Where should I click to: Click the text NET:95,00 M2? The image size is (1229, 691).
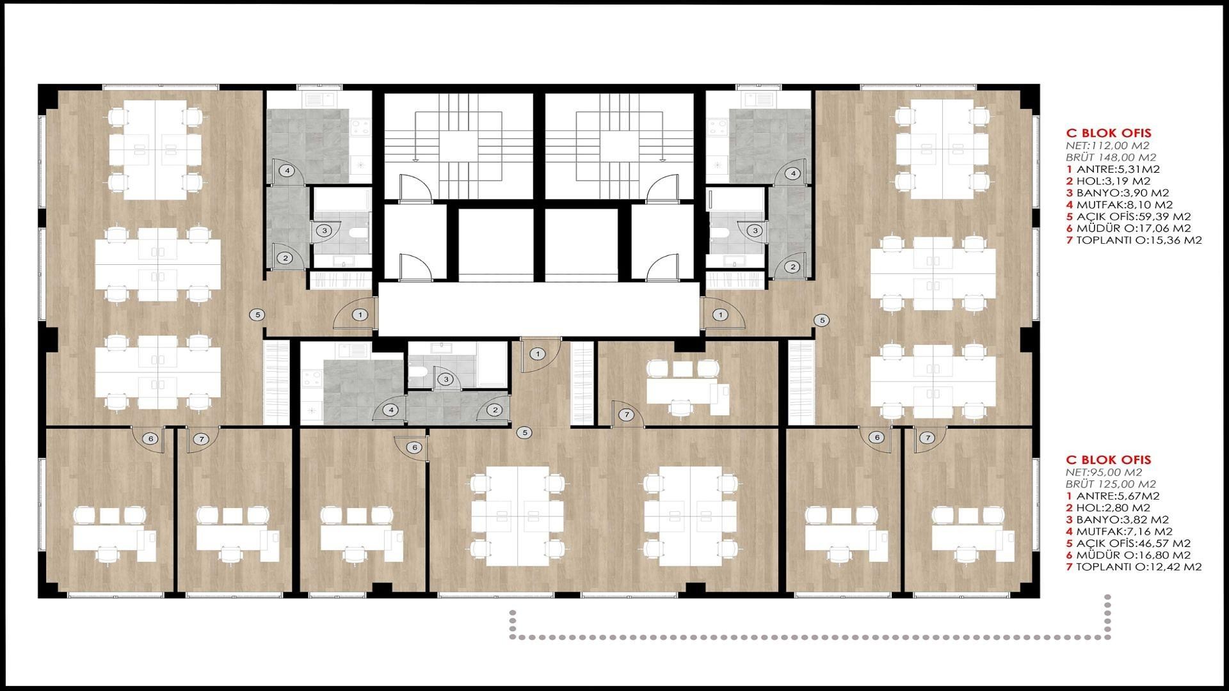(x=1101, y=472)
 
